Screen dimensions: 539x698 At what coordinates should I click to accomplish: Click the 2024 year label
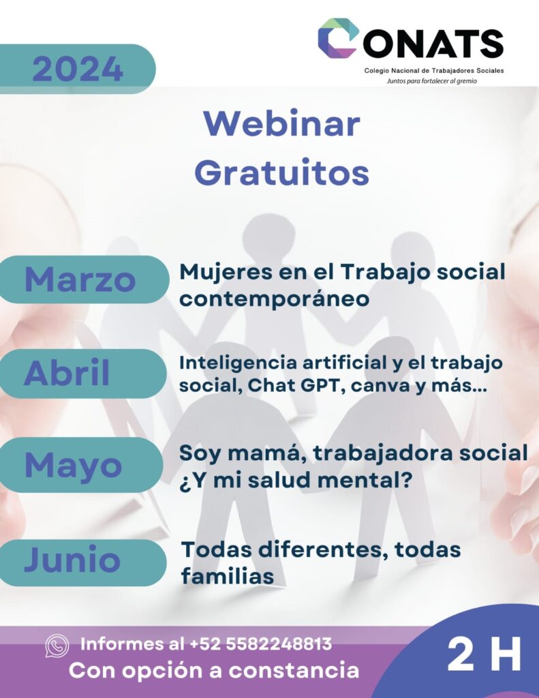[x=78, y=69]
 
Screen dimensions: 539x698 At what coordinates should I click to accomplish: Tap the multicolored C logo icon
[x=338, y=38]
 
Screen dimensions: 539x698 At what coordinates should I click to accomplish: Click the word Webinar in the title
[x=282, y=123]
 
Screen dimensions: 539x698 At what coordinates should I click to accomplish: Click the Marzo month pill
[x=82, y=279]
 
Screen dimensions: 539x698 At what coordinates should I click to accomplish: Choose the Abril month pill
[x=80, y=373]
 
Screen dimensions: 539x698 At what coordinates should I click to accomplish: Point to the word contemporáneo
[x=274, y=299]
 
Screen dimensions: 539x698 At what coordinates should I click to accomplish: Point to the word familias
[x=228, y=576]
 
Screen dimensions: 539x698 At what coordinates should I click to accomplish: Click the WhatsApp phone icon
[x=57, y=646]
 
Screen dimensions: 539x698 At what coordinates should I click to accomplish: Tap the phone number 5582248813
[x=279, y=643]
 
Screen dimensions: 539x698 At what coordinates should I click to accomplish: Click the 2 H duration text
[x=484, y=654]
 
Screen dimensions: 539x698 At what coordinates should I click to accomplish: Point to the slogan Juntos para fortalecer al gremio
[x=431, y=81]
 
